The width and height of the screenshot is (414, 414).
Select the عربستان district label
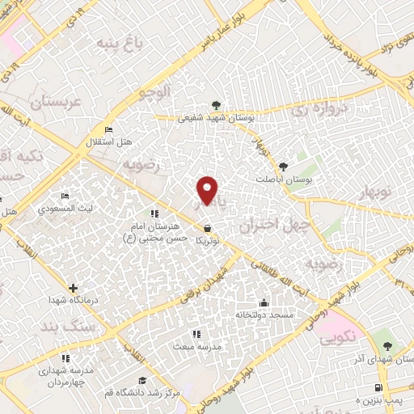pos(57,103)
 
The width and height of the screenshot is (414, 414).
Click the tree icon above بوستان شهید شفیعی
pos(216,105)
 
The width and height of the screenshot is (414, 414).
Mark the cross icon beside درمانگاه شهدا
pos(74,288)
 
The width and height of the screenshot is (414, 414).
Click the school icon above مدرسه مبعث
pos(194,333)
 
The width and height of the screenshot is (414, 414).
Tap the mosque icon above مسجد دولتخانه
pos(263,304)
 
